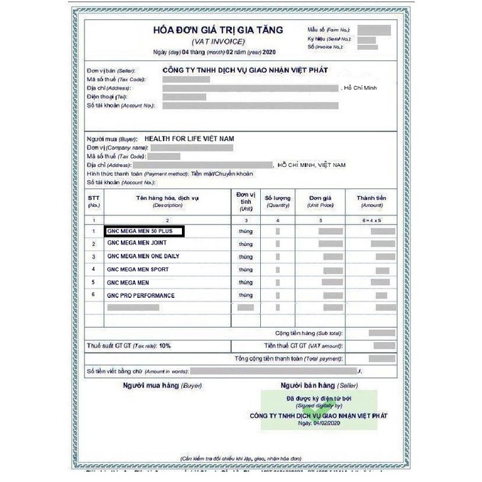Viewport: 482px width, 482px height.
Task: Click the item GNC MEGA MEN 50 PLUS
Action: coord(143,231)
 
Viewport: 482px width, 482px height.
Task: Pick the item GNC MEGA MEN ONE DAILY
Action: coord(143,256)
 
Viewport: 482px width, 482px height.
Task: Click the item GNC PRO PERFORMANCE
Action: coord(140,295)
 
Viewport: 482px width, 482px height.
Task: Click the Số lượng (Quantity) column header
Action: coord(277,200)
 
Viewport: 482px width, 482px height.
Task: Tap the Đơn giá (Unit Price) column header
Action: coord(321,200)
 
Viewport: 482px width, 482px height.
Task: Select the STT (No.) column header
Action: coord(94,200)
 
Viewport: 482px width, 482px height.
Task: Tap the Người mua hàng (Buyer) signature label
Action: coord(153,385)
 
